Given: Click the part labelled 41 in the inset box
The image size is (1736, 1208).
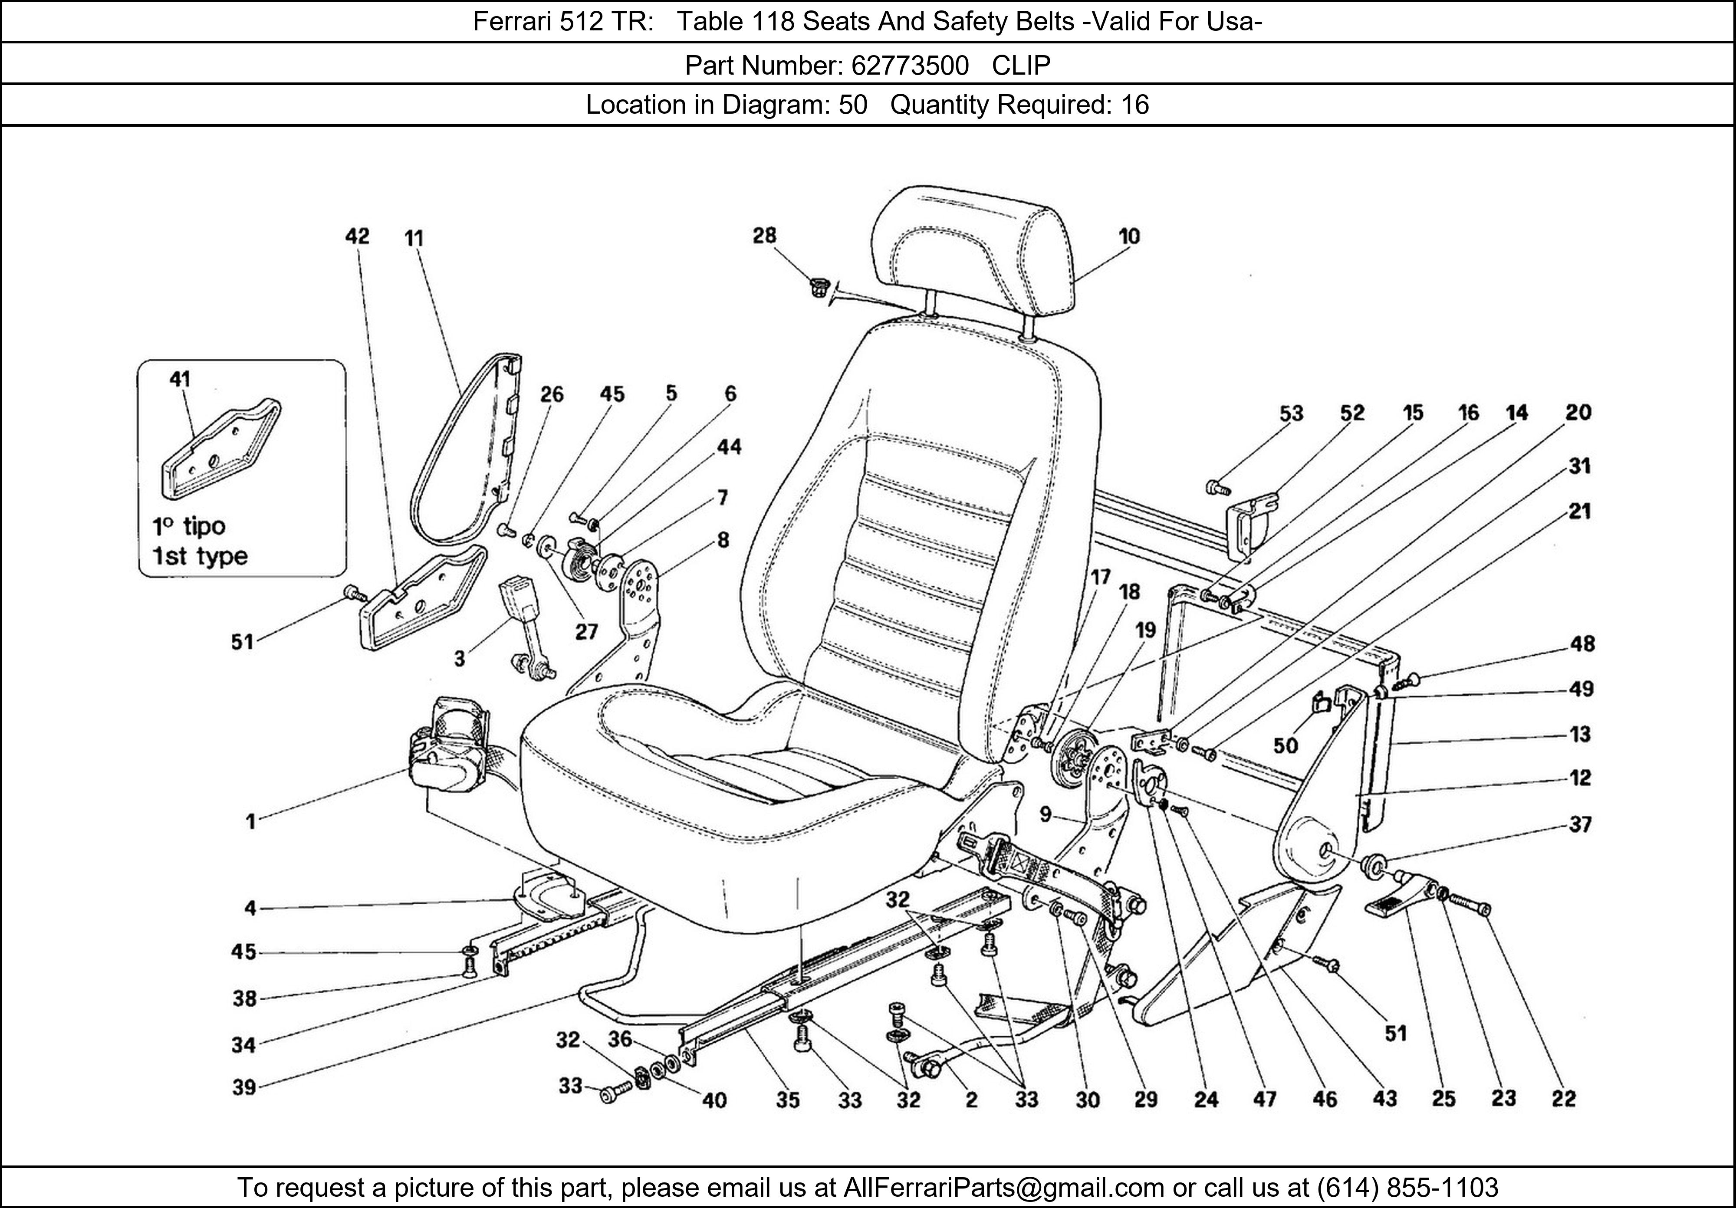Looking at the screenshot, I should pos(219,453).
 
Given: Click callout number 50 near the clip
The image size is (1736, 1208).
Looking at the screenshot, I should pos(1286,746).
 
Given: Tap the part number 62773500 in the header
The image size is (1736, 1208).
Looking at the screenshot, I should pos(910,66).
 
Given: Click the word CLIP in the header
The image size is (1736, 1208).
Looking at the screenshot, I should pos(1021,66).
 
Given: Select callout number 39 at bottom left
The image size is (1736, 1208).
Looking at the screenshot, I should pos(243,1088).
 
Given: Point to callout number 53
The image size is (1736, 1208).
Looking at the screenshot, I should pos(1292,414).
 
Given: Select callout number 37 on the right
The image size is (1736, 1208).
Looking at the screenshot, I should pos(1580,824).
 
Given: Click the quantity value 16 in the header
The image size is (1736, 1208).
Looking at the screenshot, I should pos(1134,104).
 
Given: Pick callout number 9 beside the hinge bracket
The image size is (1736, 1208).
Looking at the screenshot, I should pos(1045,814).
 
